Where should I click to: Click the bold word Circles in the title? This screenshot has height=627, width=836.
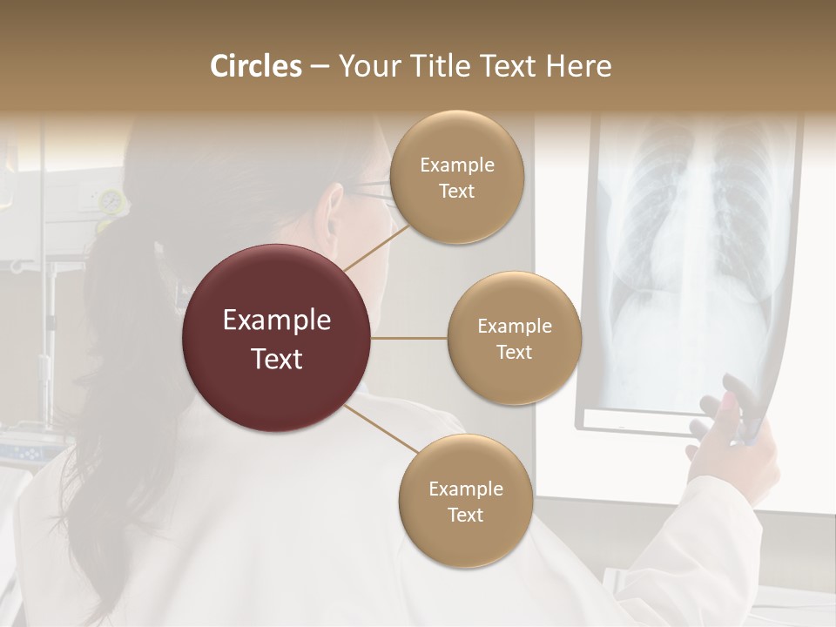255,66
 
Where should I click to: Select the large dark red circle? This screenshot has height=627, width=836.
277,338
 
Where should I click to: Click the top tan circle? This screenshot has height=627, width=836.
456,177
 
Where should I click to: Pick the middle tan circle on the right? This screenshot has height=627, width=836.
514,338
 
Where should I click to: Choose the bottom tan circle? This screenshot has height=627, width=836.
465,501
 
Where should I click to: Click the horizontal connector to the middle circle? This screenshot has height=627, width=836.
409,338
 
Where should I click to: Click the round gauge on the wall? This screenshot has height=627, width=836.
111,201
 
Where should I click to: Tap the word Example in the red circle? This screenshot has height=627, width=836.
277,320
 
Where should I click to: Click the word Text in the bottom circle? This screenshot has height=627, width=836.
465,515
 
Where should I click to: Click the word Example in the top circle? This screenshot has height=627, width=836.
456,165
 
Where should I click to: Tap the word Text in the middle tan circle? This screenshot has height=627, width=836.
514,352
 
